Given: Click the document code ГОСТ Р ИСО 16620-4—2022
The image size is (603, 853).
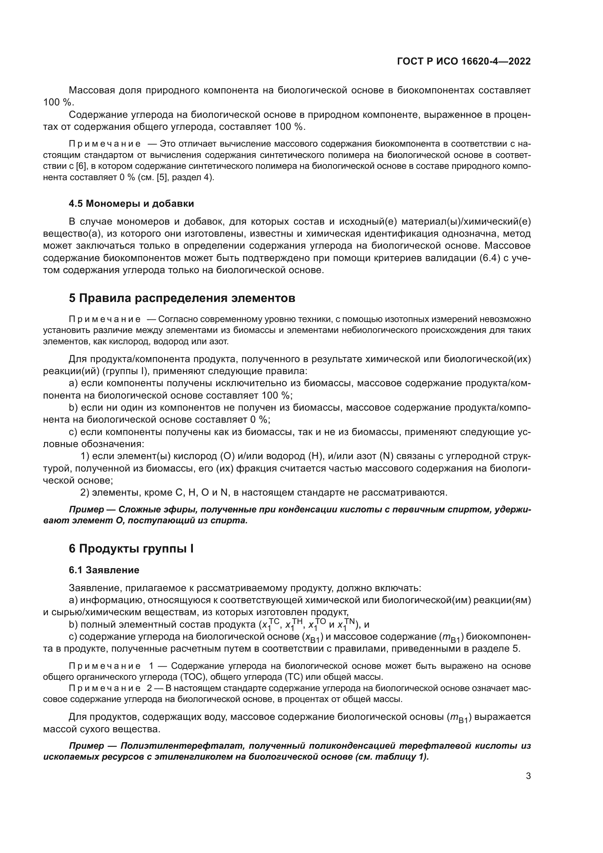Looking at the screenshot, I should (463, 61).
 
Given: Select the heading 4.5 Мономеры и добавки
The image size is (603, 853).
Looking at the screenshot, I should (131, 203).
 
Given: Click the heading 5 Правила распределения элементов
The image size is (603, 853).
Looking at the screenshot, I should (182, 298).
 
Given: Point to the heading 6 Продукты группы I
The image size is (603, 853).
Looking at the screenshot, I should (131, 549).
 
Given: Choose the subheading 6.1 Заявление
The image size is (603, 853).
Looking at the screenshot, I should (104, 570).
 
